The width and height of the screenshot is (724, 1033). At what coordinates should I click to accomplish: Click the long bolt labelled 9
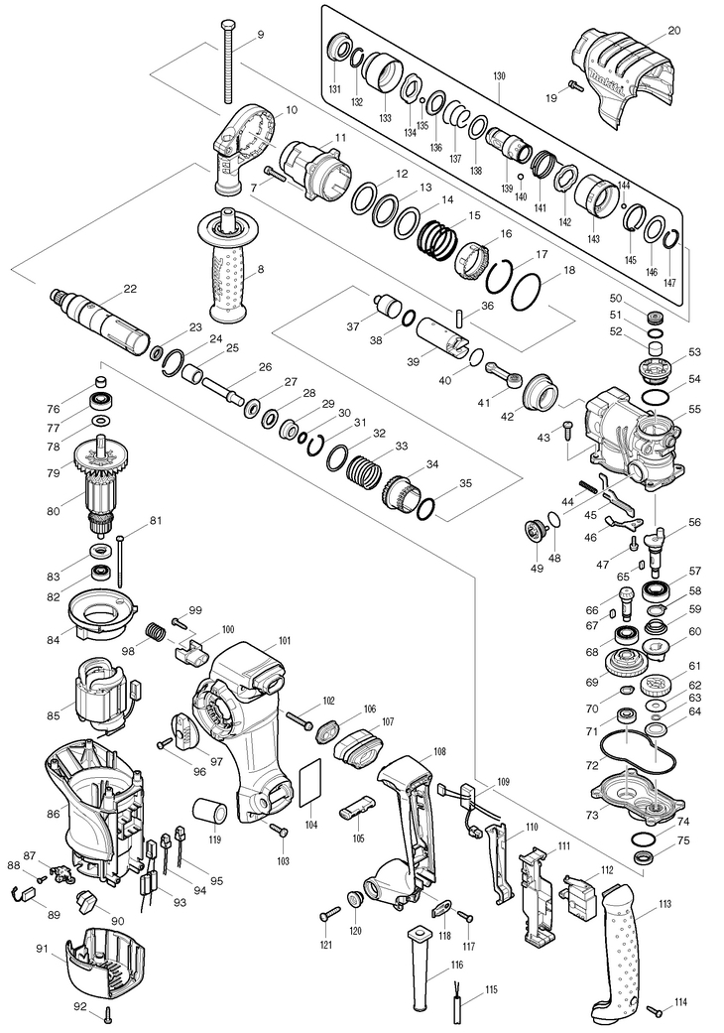pos(227,62)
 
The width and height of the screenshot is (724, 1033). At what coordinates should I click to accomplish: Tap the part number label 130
pos(499,76)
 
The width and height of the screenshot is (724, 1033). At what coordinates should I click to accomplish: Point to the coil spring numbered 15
pos(437,238)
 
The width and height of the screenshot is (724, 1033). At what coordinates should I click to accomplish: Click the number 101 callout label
pos(285,640)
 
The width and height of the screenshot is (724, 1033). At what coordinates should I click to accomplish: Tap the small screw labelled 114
pos(656,1009)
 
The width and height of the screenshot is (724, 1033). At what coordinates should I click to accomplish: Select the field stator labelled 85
pos(103,696)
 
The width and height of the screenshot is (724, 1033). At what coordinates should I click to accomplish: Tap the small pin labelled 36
pos(459,317)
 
